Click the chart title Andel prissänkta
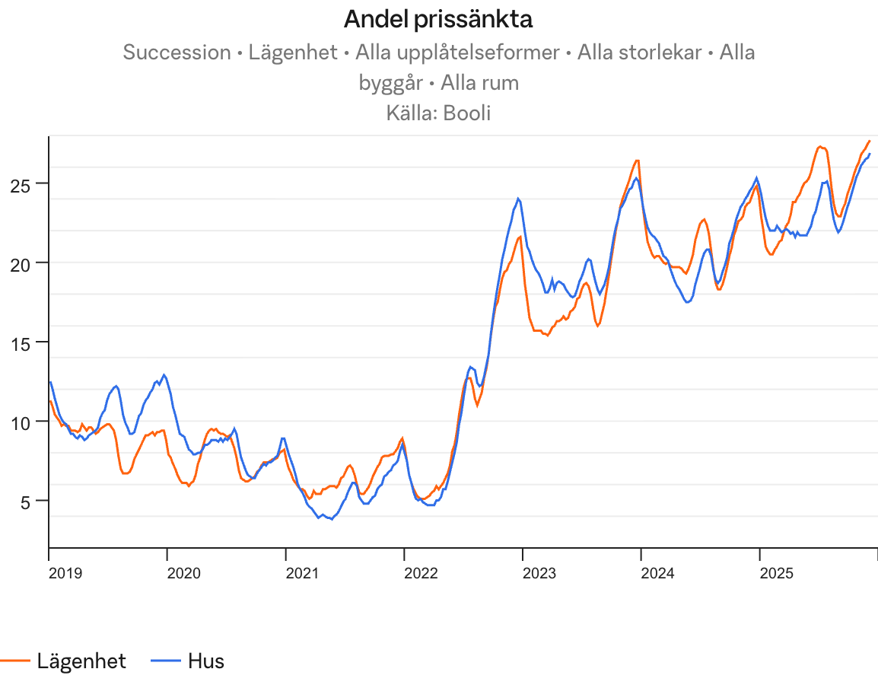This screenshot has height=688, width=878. coord(438,20)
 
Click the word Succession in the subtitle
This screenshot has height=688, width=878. coord(177,53)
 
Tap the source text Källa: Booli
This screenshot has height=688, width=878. coord(438,113)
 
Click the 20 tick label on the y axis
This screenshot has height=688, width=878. coord(27,263)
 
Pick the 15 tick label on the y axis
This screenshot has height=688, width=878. coord(27,342)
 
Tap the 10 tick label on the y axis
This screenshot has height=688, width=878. coord(27,421)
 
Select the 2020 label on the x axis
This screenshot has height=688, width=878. coord(183,572)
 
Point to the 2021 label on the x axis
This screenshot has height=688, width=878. coord(302,572)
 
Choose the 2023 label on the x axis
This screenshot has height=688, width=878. coord(539,572)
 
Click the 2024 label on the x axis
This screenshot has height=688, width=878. coord(657,572)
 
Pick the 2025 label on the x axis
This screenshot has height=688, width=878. coord(776,572)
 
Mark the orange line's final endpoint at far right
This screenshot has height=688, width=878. coord(870,141)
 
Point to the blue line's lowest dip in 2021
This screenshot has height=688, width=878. coord(331,519)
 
